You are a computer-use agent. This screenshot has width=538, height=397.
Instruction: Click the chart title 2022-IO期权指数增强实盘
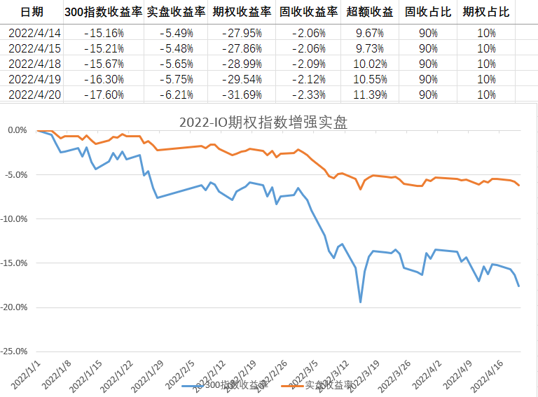coord(263,122)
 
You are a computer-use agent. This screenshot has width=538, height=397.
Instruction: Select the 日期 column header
coord(31,12)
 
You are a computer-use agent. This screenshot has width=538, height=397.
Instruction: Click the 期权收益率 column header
coord(242,12)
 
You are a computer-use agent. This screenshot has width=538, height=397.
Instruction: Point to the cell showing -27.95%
coord(242,33)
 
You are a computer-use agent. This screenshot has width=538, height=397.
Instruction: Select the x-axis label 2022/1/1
coord(27,372)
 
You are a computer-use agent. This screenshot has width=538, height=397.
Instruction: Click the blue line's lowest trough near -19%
coord(360,302)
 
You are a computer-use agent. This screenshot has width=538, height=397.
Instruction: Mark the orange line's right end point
coord(518,185)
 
